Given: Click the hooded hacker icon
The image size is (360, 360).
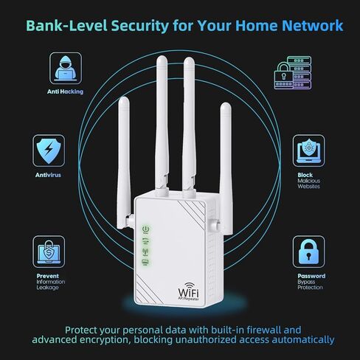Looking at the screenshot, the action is click(x=66, y=68).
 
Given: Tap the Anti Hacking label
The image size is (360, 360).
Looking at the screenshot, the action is click(x=65, y=91).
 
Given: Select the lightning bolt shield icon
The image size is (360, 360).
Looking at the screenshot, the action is click(x=49, y=150).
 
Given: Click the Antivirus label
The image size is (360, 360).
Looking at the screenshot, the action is click(x=48, y=175).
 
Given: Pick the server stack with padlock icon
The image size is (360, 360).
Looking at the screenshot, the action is click(x=293, y=72).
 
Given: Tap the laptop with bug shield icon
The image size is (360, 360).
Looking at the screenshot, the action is click(x=308, y=150).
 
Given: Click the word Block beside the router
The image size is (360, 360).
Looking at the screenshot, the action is click(x=305, y=175).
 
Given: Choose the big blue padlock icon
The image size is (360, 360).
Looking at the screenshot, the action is click(x=308, y=252).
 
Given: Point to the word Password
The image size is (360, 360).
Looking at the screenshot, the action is click(x=311, y=276).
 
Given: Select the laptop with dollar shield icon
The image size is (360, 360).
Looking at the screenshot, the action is click(x=49, y=252).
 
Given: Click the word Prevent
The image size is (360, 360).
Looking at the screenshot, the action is click(x=48, y=276).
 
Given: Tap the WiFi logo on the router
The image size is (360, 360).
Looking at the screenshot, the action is click(x=189, y=291).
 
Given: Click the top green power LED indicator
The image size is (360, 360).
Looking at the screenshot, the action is click(x=146, y=229).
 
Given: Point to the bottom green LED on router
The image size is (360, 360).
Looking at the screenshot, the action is click(x=145, y=262).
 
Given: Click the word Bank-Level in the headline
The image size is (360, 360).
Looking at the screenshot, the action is click(x=66, y=25).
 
